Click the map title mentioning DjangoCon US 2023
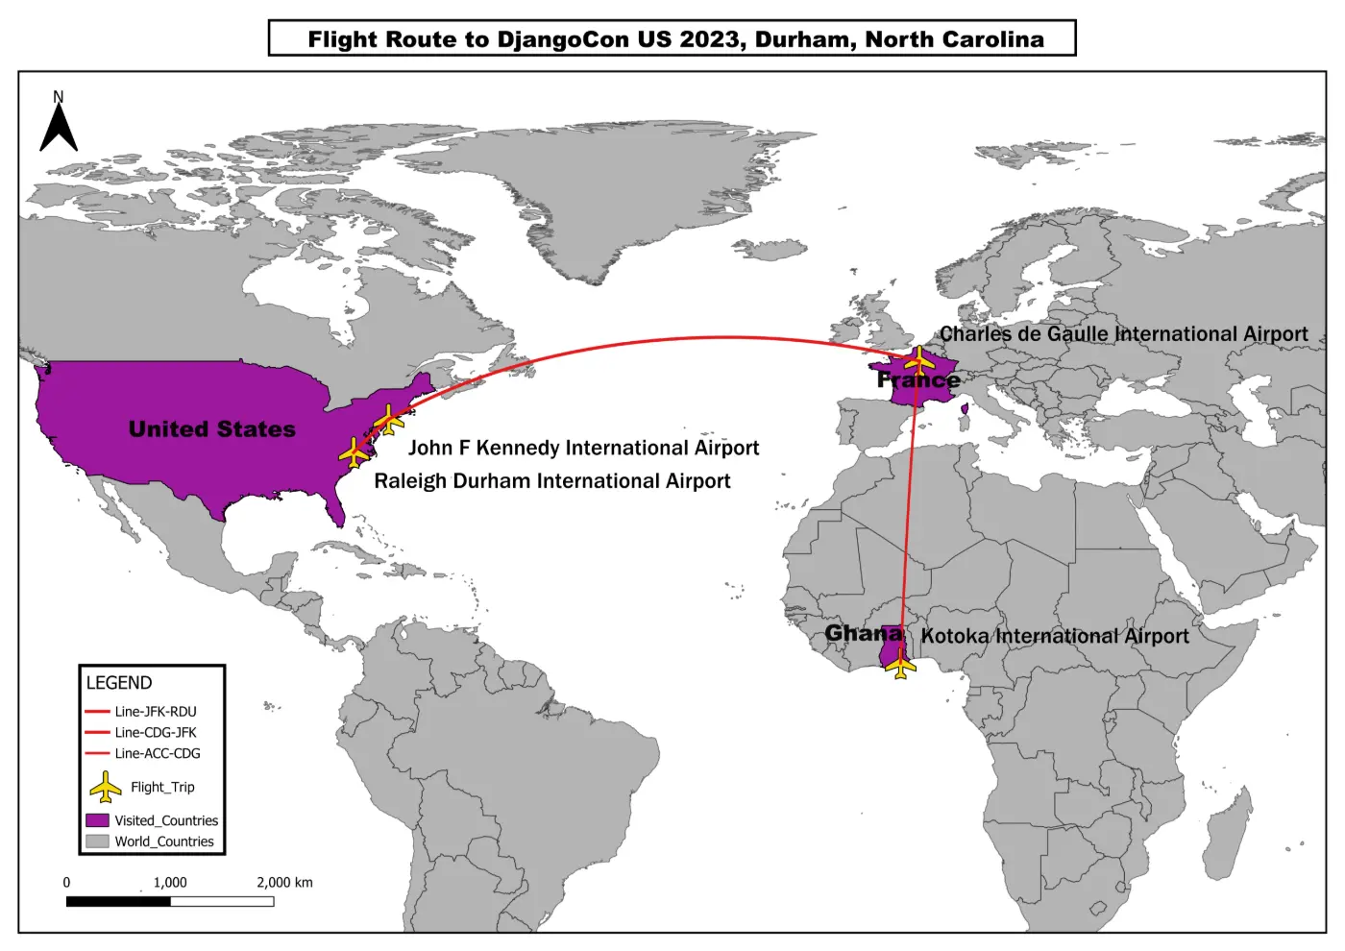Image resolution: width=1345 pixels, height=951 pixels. click(674, 39)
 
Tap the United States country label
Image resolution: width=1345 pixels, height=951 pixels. click(212, 429)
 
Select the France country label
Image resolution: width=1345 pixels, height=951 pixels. click(917, 380)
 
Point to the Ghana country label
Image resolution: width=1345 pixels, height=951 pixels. click(864, 633)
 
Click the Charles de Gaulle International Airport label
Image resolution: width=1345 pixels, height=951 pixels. click(1123, 334)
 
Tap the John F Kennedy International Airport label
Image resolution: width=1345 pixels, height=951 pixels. click(583, 448)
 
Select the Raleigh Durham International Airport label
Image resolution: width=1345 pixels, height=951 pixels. click(551, 481)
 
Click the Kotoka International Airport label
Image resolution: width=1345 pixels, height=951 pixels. click(1054, 636)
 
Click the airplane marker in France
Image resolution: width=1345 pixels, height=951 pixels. click(918, 361)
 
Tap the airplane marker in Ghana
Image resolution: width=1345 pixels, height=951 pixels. click(900, 664)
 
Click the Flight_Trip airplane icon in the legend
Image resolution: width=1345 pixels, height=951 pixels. click(106, 788)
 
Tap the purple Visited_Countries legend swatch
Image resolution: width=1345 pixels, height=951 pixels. click(97, 821)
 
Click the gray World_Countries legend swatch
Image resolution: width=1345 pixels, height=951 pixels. click(97, 841)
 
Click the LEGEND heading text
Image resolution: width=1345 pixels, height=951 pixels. click(119, 683)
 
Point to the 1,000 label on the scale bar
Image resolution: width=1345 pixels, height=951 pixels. click(170, 883)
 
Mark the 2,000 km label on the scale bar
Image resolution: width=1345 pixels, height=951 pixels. click(284, 883)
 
